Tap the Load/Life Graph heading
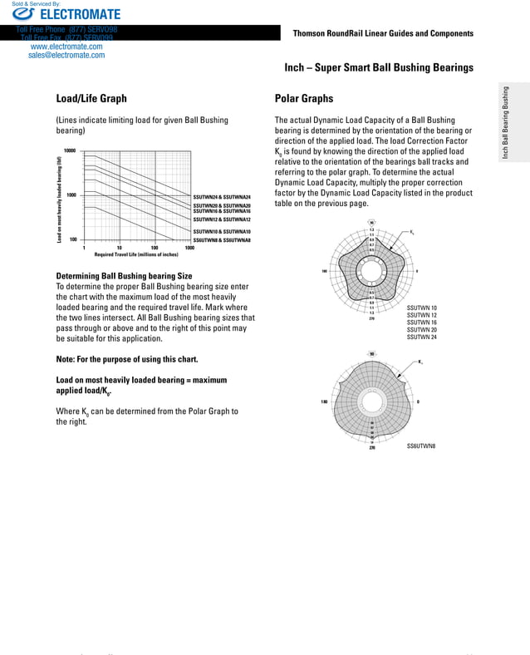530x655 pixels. pyautogui.click(x=91, y=99)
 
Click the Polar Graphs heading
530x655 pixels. pyautogui.click(x=303, y=99)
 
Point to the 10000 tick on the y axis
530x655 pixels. pyautogui.click(x=70, y=151)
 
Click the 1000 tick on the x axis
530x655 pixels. pyautogui.click(x=189, y=248)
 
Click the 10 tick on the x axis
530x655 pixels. pyautogui.click(x=120, y=248)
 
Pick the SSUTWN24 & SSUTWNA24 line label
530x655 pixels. pyautogui.click(x=222, y=197)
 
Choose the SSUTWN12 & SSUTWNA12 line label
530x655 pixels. pyautogui.click(x=222, y=219)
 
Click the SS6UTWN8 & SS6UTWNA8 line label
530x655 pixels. pyautogui.click(x=222, y=239)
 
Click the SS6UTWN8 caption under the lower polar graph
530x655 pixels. pyautogui.click(x=421, y=447)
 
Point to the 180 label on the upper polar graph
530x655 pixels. pyautogui.click(x=323, y=271)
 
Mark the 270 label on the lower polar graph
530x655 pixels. pyautogui.click(x=371, y=449)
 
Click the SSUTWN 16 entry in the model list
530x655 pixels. pyautogui.click(x=421, y=323)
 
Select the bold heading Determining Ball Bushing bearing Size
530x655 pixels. pyautogui.click(x=124, y=276)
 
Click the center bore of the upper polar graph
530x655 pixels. pyautogui.click(x=371, y=271)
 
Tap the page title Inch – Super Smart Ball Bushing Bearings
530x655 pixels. pyautogui.click(x=379, y=67)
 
